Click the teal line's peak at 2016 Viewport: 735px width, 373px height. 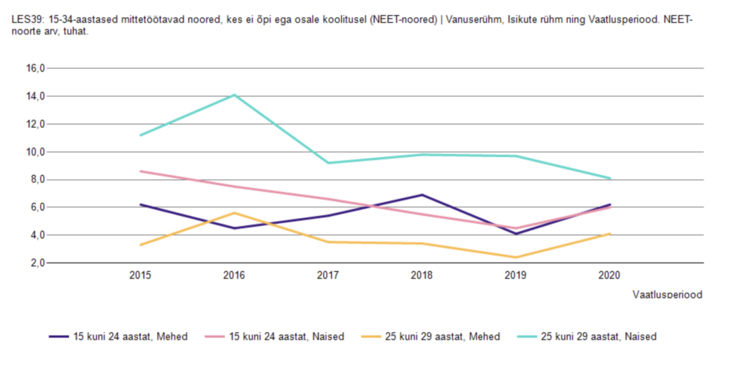click(x=235, y=95)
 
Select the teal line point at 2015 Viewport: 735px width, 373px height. click(x=141, y=135)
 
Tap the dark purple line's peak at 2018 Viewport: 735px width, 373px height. click(x=422, y=194)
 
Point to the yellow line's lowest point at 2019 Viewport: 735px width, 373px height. click(x=515, y=258)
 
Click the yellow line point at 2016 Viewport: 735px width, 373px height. click(x=235, y=213)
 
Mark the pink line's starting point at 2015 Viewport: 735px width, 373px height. click(x=141, y=171)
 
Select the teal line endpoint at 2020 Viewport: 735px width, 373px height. click(x=609, y=178)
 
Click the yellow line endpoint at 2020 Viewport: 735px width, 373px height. click(x=609, y=234)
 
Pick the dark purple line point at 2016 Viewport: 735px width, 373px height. click(x=235, y=228)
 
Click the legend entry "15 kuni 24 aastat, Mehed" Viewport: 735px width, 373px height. click(x=118, y=336)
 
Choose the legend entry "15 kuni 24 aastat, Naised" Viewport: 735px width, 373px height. click(x=275, y=336)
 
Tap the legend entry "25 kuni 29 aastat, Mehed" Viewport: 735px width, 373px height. click(x=431, y=336)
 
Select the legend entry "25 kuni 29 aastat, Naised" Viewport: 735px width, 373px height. click(x=587, y=336)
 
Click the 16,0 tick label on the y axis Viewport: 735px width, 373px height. click(x=36, y=68)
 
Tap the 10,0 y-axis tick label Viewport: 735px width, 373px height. click(x=36, y=152)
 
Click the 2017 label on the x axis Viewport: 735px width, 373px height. click(x=328, y=275)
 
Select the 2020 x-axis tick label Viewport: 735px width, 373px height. click(x=609, y=275)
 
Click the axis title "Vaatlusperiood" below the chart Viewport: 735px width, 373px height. click(x=668, y=295)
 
